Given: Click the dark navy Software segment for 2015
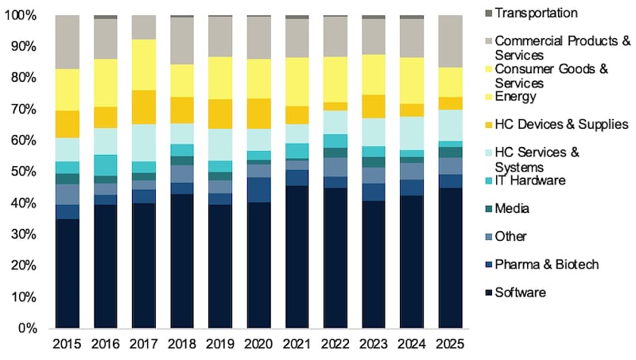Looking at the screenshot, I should (68, 273).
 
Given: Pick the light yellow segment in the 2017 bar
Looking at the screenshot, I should (144, 64).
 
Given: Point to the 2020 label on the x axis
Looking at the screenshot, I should (258, 345).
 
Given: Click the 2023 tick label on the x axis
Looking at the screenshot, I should (373, 345).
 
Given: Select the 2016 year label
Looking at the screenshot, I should (106, 345).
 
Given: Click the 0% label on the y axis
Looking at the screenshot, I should (31, 328).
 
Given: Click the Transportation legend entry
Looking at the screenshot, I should (535, 13).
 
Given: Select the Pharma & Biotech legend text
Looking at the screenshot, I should (545, 264).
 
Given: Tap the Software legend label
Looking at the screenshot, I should (520, 292).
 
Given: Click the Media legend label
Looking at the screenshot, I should (510, 208).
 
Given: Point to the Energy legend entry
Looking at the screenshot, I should (514, 97).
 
